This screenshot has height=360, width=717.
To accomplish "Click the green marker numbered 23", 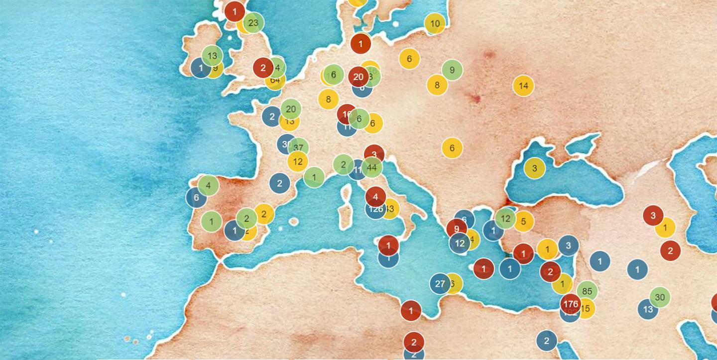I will (253, 22).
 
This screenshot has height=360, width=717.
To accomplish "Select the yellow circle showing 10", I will (435, 23).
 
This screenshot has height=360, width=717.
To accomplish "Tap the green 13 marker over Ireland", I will (213, 56).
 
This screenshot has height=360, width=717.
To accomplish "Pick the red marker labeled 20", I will (358, 77).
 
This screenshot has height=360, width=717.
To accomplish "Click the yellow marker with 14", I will (523, 86).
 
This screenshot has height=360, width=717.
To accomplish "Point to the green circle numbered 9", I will (452, 70).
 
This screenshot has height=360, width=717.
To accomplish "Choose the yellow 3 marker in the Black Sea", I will (534, 168).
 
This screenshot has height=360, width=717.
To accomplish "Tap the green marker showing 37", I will (298, 147).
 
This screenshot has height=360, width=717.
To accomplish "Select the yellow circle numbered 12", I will (298, 161).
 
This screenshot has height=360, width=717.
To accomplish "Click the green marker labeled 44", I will (371, 167).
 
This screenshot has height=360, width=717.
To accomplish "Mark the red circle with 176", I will (571, 304).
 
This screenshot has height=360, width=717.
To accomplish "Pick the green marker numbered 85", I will (587, 291).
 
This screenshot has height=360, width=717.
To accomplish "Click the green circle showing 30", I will (660, 297).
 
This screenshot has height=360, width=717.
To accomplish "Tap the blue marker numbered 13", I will (648, 309).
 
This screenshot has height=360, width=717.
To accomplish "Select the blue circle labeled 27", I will (440, 284).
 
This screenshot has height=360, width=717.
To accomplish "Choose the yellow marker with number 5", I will (523, 222).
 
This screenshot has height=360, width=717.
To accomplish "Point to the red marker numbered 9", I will (457, 229).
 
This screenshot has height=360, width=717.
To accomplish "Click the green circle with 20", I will (291, 109).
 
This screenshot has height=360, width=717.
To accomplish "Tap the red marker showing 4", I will (375, 196).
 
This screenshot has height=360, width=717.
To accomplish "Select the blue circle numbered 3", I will (568, 245).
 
